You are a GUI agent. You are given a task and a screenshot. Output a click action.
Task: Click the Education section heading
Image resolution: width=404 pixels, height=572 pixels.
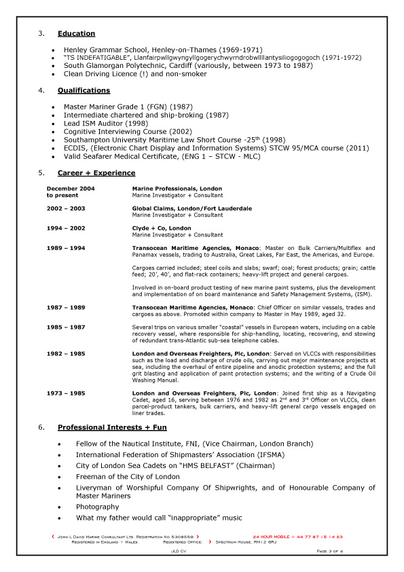tap(76, 33)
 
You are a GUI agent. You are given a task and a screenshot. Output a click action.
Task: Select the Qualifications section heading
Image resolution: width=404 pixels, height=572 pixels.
tap(84, 90)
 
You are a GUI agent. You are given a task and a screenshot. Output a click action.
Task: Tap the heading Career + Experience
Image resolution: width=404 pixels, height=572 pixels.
tap(96, 173)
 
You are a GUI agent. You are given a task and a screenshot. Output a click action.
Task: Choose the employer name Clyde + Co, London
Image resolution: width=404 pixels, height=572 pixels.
tap(162, 228)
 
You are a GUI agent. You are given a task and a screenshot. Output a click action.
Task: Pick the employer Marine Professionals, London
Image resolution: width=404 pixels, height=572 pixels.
tap(177, 187)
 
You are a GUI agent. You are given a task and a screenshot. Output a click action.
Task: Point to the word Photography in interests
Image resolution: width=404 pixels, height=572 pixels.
tap(97, 506)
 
